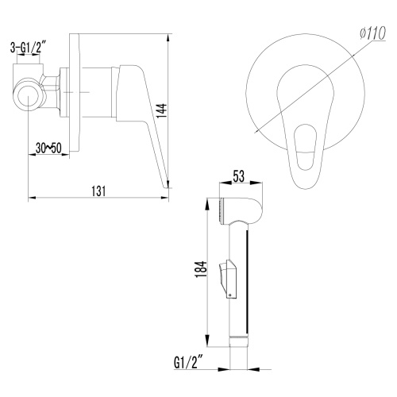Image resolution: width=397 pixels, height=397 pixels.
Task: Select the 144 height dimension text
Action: tap(162, 110)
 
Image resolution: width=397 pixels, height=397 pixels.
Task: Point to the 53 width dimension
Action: tap(237, 177)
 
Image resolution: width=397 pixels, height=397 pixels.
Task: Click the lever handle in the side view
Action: tap(148, 119)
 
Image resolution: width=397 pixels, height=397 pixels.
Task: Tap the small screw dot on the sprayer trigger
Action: tap(230, 293)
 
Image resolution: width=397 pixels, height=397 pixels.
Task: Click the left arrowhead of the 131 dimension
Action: tap(31, 197)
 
